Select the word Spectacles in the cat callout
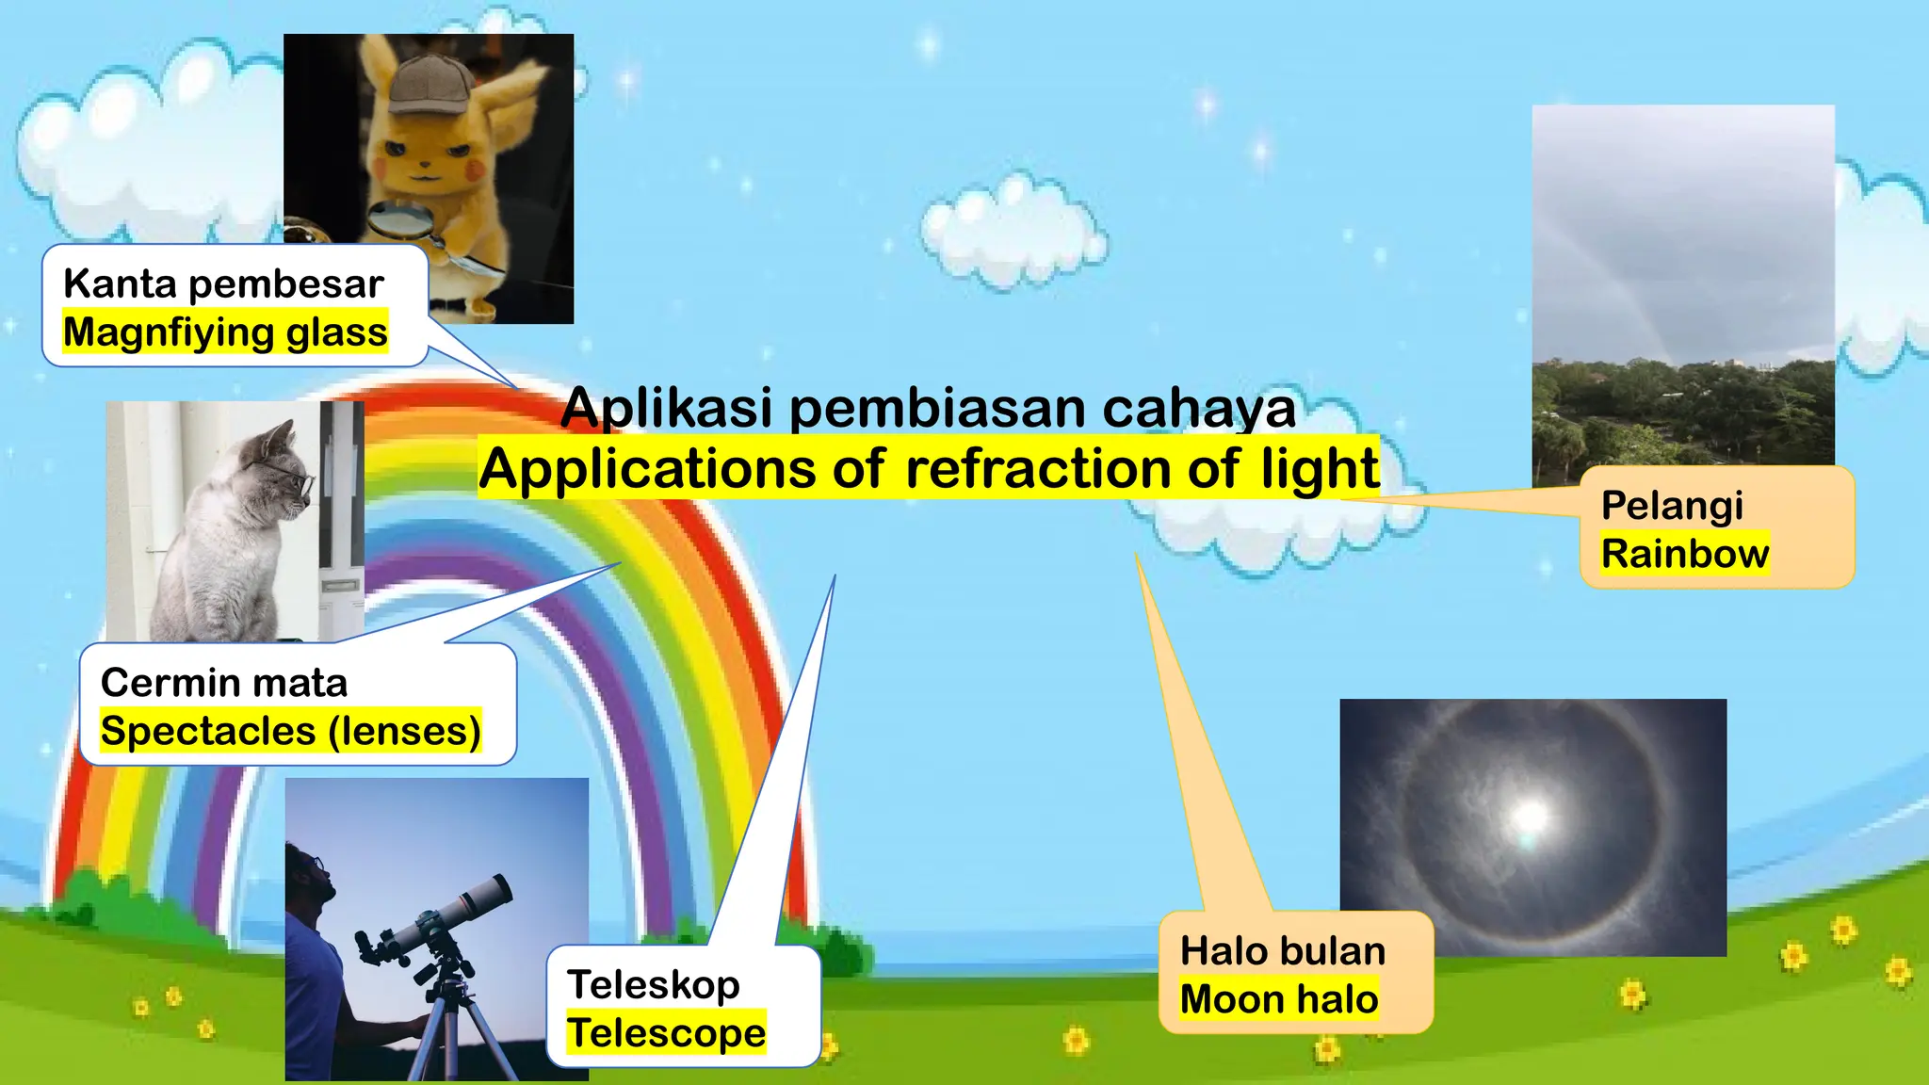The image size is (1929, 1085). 208,732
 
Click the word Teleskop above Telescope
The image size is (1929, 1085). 654,985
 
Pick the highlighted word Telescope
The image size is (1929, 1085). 667,1033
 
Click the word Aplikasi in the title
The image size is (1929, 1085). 667,407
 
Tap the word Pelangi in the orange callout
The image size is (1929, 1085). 1673,506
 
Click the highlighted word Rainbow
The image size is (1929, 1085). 1685,554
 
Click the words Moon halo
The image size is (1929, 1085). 1279,999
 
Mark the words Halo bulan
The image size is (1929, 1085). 1283,951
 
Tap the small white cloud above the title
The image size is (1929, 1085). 1012,231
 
